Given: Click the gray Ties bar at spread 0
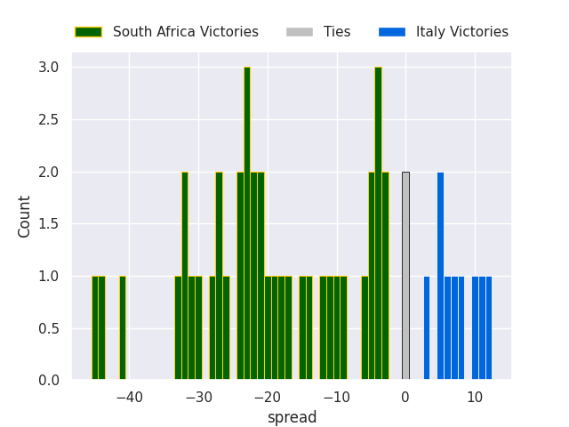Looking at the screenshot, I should coord(405,276).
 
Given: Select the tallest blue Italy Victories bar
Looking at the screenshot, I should coord(440,276).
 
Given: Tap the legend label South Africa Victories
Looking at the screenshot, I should coord(185,32).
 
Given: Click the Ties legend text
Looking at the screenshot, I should coord(337,32).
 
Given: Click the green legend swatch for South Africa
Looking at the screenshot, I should coord(88,32).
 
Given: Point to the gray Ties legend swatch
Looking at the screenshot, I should coord(300,32).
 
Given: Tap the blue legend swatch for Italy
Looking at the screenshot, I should coord(391,32).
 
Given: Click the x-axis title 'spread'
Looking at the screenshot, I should coord(292,417).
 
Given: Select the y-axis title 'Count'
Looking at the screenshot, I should coord(25,216).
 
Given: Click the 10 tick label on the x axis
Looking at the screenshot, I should coord(475,398).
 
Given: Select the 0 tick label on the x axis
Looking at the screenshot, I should coord(405,398).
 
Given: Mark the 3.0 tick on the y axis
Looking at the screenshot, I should coord(49,68).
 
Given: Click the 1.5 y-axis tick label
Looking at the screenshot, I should coord(49,224).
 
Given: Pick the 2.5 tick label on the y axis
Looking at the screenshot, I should coord(49,120).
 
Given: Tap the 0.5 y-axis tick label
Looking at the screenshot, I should coord(49,328).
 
